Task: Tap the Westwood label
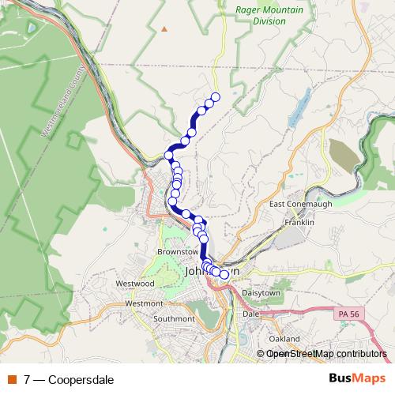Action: (x=134, y=283)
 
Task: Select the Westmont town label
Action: (x=144, y=303)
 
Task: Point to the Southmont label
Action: (x=174, y=319)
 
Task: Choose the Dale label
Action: (x=251, y=314)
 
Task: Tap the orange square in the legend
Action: (x=12, y=380)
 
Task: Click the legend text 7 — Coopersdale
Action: (x=69, y=380)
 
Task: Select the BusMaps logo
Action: (x=357, y=379)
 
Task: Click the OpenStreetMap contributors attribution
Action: (x=326, y=354)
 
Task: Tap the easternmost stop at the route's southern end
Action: (x=224, y=274)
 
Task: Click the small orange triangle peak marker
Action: (x=164, y=29)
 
